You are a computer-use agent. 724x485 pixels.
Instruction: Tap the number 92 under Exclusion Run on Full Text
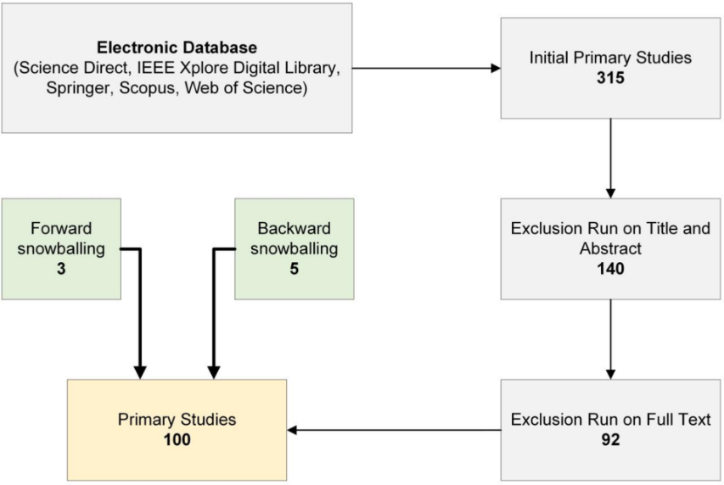(609, 439)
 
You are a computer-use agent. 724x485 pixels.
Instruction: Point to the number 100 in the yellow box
(177, 439)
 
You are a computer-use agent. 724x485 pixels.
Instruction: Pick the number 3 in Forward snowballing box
(60, 267)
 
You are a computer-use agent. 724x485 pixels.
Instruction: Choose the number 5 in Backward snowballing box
(294, 267)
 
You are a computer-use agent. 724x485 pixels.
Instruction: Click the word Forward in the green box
(60, 229)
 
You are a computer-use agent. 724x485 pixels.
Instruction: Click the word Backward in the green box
(294, 229)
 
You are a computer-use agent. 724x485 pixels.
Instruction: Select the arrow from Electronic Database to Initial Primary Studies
(424, 68)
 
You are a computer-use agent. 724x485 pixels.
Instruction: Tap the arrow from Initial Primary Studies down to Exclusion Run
(609, 158)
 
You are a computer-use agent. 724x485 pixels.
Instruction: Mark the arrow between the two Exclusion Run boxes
(609, 339)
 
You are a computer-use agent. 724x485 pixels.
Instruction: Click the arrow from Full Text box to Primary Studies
(394, 430)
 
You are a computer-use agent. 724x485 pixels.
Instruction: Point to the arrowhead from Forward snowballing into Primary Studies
(141, 372)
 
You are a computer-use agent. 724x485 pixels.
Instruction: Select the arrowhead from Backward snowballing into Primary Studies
(214, 372)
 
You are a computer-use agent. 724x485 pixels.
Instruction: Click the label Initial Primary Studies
(609, 59)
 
